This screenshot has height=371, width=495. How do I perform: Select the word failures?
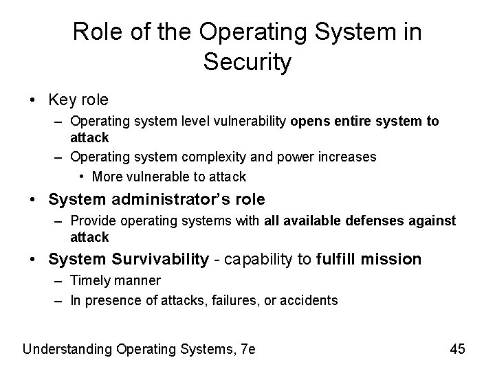pos(232,300)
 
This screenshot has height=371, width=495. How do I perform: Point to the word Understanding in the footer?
pos(64,349)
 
